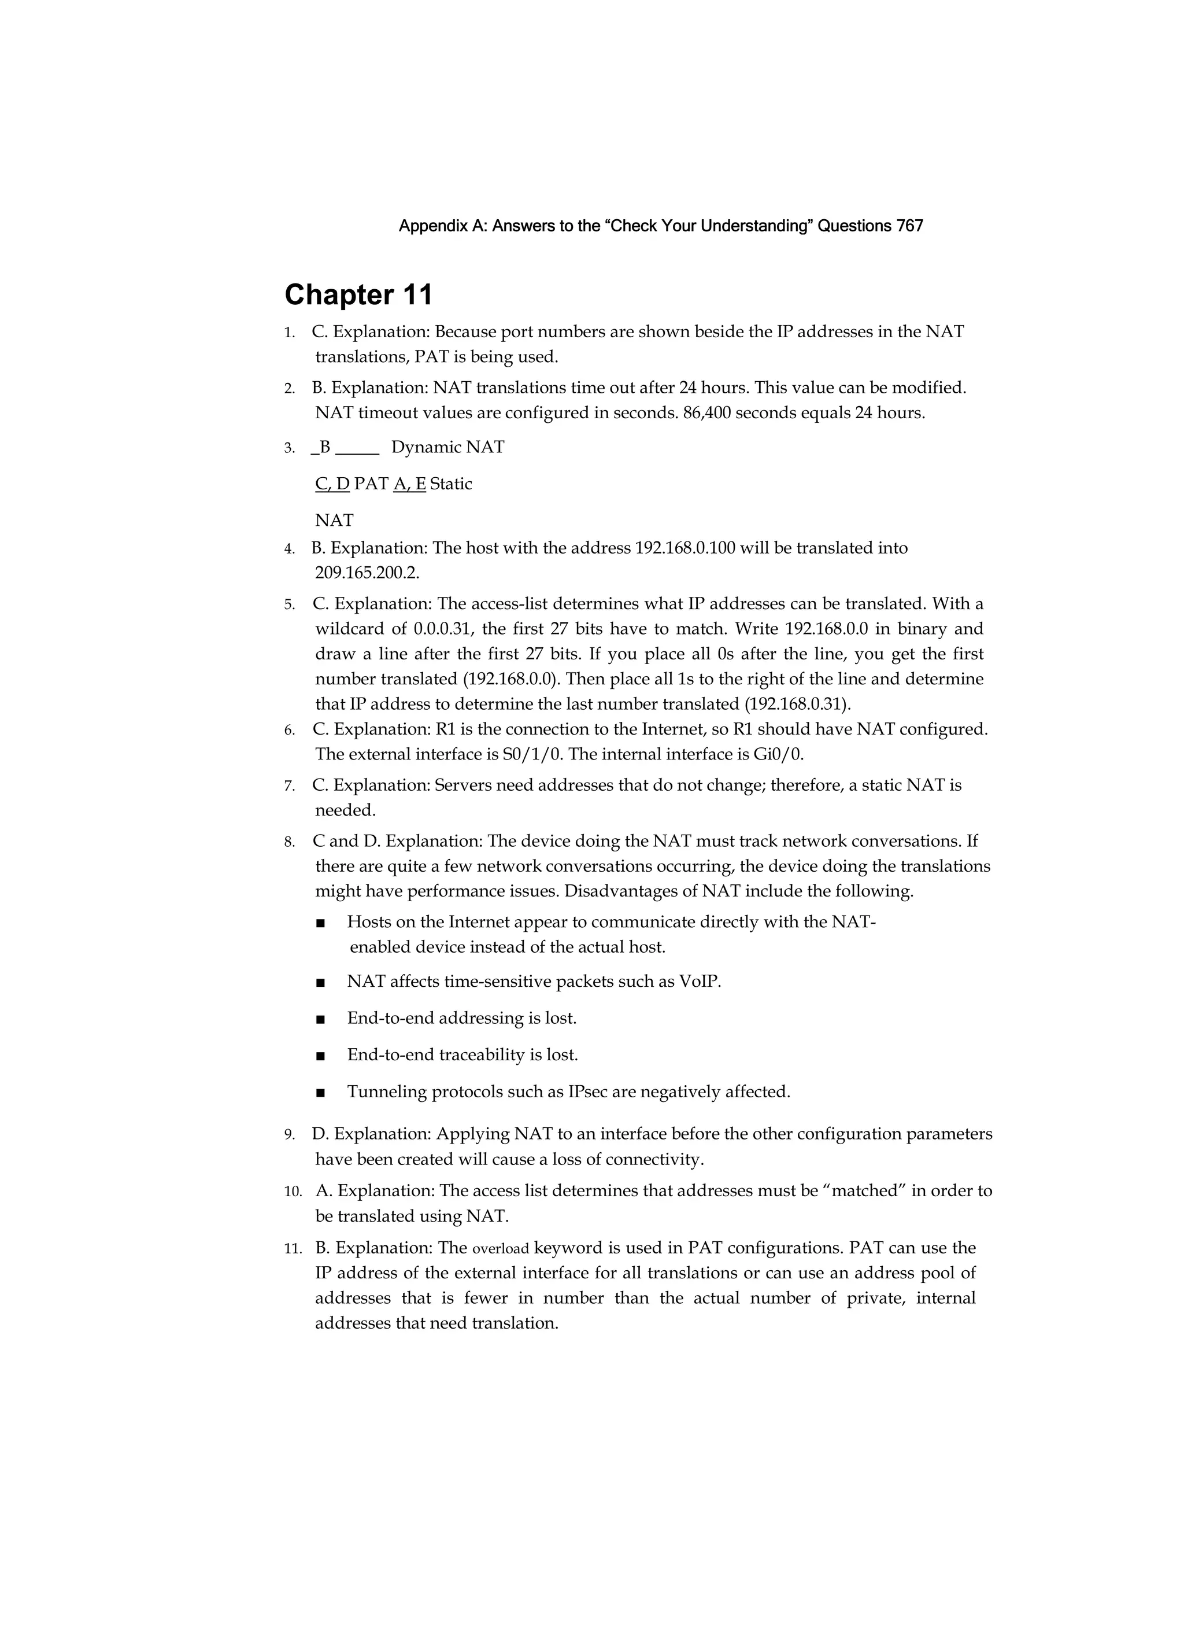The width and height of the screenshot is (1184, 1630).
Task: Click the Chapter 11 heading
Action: [358, 294]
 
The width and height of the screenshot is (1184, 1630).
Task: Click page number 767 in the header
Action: [909, 226]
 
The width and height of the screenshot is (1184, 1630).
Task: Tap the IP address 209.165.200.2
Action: [367, 573]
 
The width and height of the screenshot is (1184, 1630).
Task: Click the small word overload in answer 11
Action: [500, 1248]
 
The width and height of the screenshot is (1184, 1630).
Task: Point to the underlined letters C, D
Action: [332, 484]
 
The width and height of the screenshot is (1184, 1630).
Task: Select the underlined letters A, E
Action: [409, 484]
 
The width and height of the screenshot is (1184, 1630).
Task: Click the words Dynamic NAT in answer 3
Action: [447, 447]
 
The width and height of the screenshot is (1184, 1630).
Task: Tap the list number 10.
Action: [293, 1192]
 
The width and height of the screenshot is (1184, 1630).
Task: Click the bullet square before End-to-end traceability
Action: [320, 1056]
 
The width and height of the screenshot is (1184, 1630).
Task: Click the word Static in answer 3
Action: [450, 484]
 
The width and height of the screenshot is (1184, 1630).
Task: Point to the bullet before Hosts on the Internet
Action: [320, 923]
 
